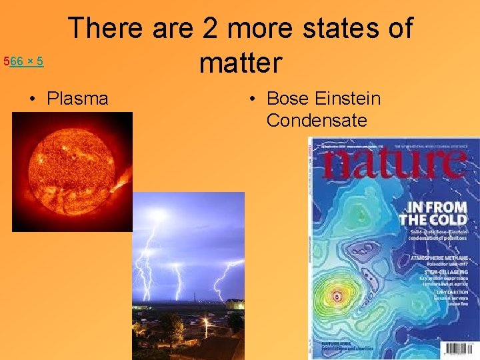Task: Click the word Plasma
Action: (77, 99)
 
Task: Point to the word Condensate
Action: (317, 121)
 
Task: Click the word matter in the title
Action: (241, 63)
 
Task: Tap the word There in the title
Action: (105, 29)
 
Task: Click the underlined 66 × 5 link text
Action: (27, 62)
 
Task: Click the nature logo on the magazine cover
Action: (393, 164)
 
